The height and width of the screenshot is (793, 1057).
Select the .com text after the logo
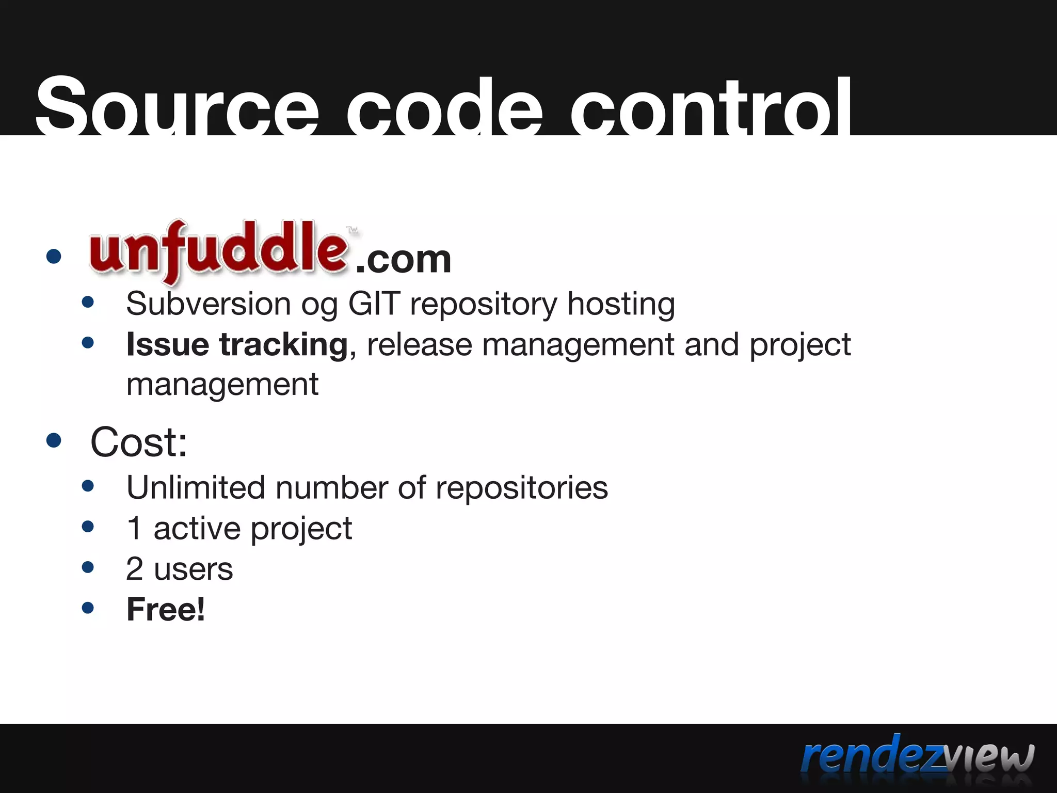(404, 260)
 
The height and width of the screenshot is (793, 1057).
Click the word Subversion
(209, 304)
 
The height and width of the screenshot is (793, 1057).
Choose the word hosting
(621, 304)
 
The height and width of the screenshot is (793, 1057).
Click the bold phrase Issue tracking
(237, 344)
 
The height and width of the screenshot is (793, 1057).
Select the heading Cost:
(138, 442)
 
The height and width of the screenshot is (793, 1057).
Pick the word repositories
(521, 488)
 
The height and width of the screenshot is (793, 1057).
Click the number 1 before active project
(134, 528)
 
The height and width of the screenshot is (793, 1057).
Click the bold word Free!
(166, 609)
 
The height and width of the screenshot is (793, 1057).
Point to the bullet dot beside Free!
(88, 608)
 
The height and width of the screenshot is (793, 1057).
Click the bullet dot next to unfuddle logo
(54, 256)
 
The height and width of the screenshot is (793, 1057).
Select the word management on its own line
(222, 385)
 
